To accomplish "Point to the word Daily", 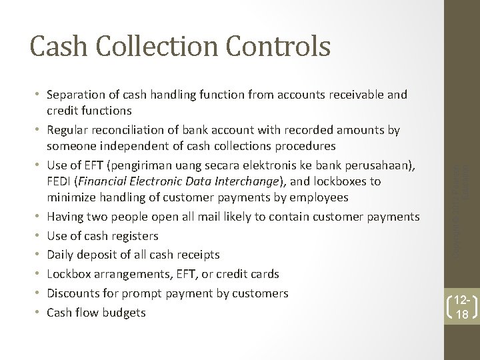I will (61, 255).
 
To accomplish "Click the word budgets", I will (123, 312).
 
